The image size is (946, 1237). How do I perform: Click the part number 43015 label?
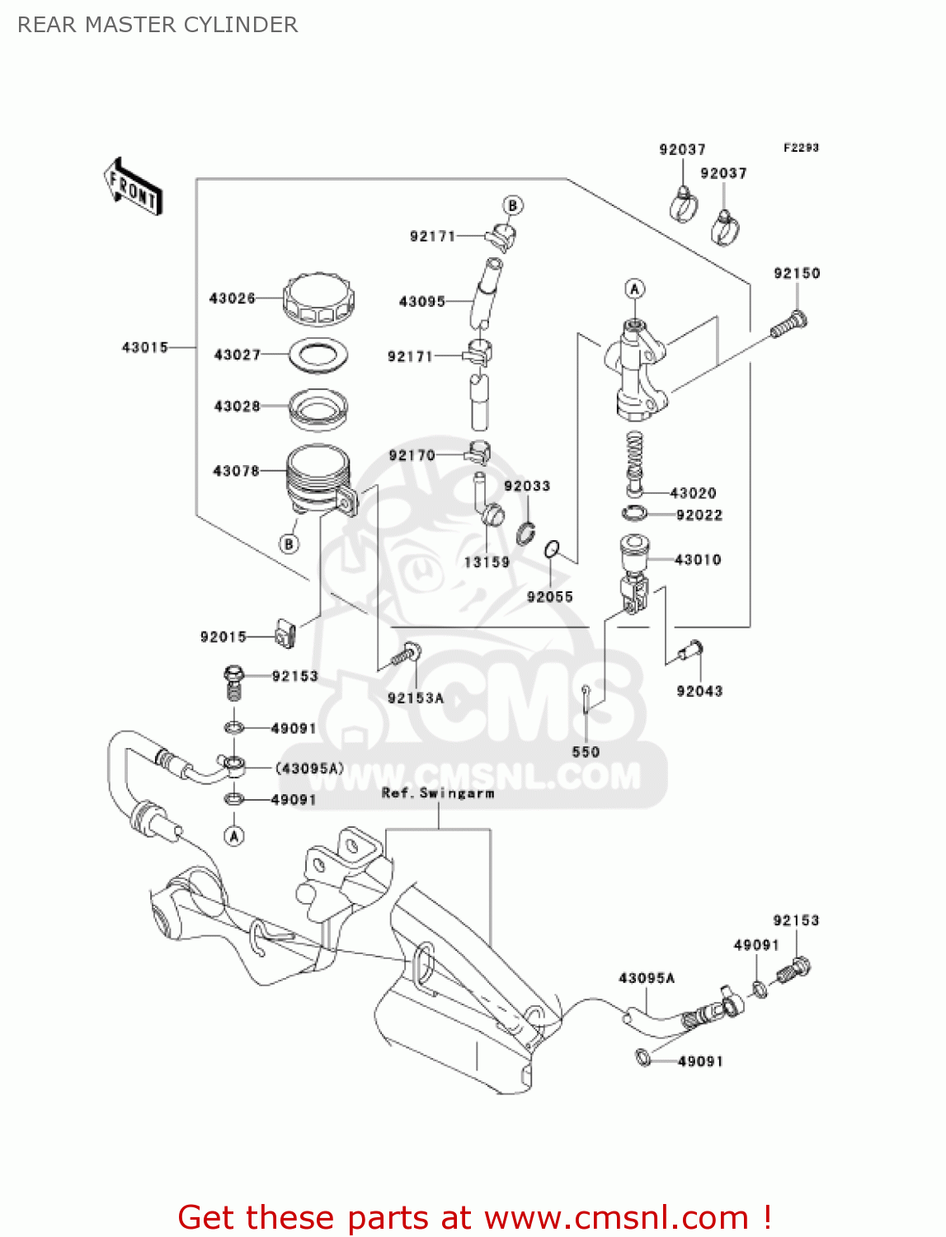144,347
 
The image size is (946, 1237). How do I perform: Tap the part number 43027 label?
237,355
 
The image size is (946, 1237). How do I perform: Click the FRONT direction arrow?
133,187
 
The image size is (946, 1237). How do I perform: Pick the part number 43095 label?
421,302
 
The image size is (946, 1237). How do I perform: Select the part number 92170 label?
411,455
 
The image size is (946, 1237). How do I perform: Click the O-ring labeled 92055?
553,549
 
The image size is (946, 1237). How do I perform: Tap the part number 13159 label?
487,562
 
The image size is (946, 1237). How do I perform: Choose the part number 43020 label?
693,493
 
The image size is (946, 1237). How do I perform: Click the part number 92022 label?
699,515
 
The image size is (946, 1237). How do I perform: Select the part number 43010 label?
698,560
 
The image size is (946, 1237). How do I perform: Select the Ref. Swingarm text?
438,793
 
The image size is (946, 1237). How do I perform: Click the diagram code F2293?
801,148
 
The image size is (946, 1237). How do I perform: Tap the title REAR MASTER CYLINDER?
158,25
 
